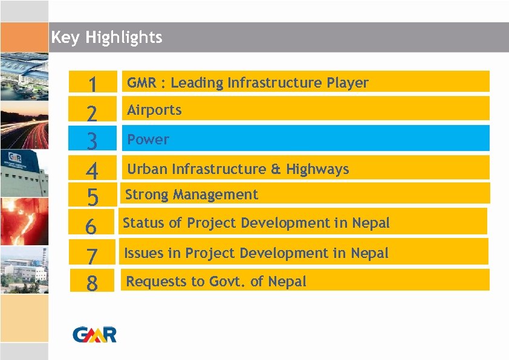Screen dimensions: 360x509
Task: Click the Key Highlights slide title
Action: (x=107, y=37)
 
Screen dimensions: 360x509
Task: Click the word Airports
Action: (x=154, y=110)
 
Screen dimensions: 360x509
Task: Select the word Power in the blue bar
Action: (x=148, y=140)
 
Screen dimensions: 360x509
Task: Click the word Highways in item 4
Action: (x=321, y=169)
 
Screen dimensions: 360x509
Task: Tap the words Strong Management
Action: (x=191, y=194)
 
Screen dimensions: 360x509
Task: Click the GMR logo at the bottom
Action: (x=94, y=333)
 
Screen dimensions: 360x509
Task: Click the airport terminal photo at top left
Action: (x=24, y=76)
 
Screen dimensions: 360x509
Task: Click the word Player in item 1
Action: (x=348, y=83)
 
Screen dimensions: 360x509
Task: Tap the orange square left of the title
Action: (x=24, y=37)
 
